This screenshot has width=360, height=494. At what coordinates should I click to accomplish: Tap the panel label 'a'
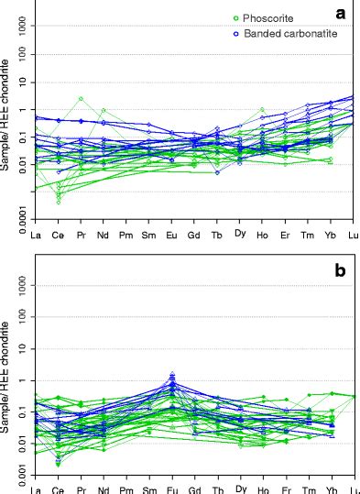[340, 14]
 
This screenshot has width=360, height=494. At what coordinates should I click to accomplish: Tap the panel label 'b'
[340, 271]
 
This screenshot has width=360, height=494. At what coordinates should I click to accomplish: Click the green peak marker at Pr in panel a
[81, 98]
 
